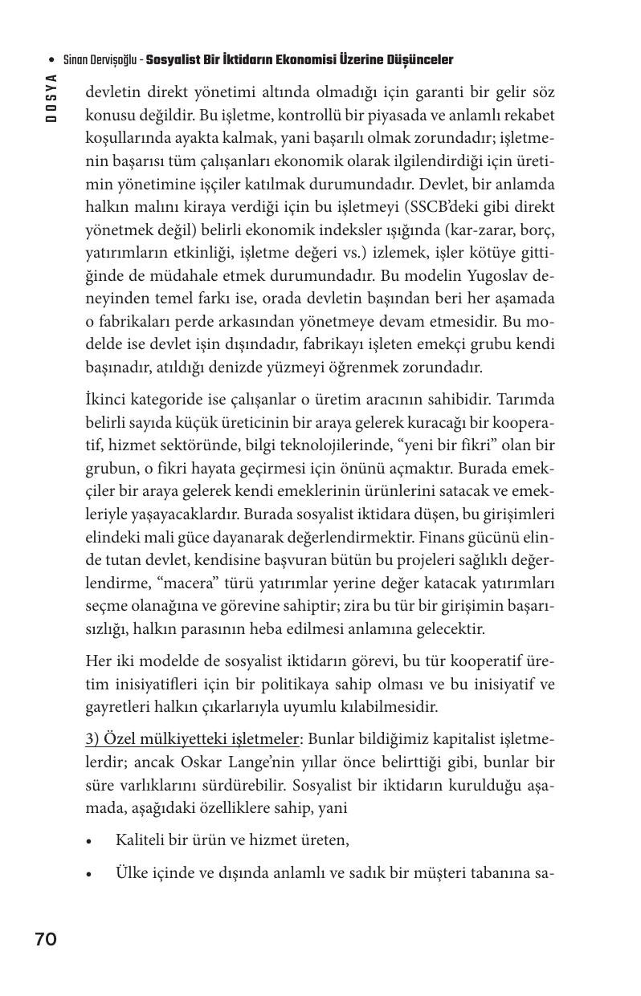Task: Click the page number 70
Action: [x=46, y=939]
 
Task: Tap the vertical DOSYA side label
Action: [x=51, y=97]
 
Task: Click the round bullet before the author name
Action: [x=52, y=61]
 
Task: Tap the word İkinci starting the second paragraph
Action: [x=106, y=400]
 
